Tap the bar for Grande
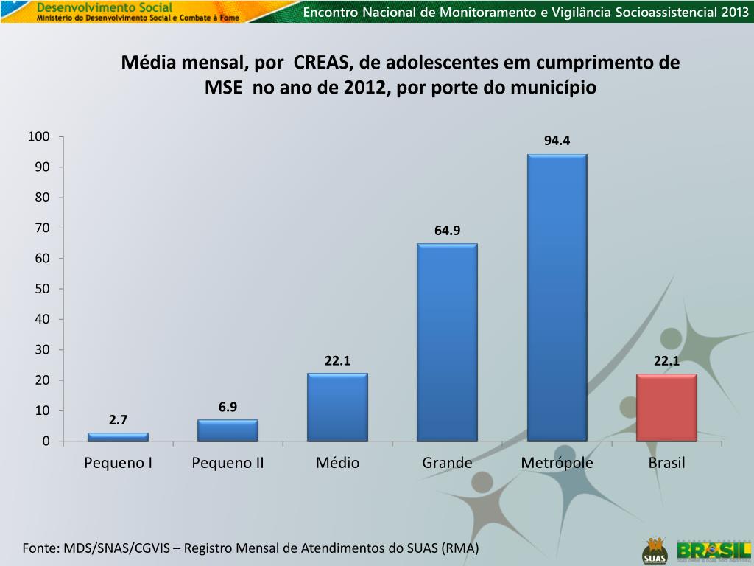coord(447,342)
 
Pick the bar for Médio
coord(337,407)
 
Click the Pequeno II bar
coord(228,430)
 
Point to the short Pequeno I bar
coord(118,437)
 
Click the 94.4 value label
coord(557,141)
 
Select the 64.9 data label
coord(447,231)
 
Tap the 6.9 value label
coord(228,407)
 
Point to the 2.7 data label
coord(118,420)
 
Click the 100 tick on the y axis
coord(39,137)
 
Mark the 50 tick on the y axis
coord(42,289)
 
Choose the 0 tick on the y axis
coord(46,441)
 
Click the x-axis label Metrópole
coord(557,463)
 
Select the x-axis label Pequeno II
coord(228,463)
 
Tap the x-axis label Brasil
coord(666,463)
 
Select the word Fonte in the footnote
coord(40,548)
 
